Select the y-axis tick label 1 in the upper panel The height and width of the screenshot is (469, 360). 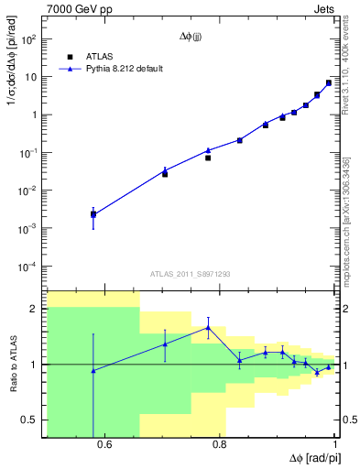coord(35,115)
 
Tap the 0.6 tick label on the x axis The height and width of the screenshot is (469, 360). coord(104,446)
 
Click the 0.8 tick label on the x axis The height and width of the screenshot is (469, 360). coord(220,446)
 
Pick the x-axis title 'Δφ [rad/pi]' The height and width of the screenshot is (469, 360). coord(311,459)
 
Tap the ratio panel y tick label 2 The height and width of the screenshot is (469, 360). coord(35,309)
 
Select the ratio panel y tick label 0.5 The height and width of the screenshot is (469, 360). coord(30,420)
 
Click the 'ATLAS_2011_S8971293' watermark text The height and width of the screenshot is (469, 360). coord(191,274)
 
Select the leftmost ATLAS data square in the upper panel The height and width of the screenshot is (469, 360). coord(93,214)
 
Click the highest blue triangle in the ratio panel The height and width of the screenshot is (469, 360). coord(209,327)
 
